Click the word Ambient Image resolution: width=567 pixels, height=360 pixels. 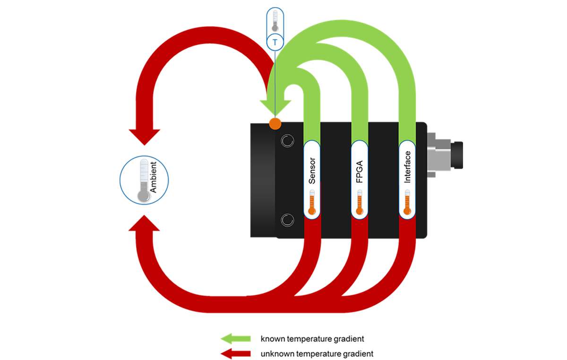154,177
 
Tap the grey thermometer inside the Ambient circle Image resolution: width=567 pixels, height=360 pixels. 144,181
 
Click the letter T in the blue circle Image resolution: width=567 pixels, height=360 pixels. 275,42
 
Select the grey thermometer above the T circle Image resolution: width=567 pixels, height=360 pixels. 275,20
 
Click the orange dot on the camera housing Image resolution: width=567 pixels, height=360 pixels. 275,124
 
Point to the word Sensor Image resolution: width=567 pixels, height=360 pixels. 312,171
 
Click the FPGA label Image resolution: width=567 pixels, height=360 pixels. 360,171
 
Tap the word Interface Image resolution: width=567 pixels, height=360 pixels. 407,167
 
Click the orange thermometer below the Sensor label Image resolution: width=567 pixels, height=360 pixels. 312,202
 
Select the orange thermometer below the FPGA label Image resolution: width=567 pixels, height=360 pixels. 360,202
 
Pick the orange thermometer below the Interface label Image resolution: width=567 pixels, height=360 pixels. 407,202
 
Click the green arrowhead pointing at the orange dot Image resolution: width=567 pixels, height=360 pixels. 275,108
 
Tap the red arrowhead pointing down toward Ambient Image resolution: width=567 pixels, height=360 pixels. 145,137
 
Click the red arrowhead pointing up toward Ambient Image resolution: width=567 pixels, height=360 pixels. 144,223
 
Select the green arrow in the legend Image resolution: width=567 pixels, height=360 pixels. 236,339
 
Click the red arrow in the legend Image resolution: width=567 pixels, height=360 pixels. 236,354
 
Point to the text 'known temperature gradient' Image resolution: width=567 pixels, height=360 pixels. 312,339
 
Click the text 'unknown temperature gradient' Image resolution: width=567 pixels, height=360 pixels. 317,354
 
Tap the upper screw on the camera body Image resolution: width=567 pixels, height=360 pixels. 287,140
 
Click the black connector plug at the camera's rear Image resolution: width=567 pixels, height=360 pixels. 456,155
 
